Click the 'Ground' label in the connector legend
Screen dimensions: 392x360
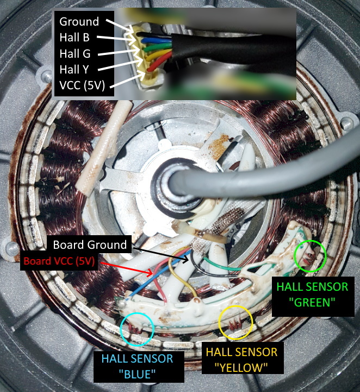(x=79, y=22)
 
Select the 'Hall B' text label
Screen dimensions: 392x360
(x=75, y=38)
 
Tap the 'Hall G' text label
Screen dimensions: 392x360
(x=75, y=54)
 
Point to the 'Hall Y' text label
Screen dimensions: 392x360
(x=75, y=70)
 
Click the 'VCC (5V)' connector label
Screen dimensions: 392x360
(x=82, y=85)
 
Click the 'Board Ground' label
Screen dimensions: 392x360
(x=90, y=244)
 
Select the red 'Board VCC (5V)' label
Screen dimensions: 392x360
(x=59, y=261)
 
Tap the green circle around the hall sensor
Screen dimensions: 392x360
(x=309, y=256)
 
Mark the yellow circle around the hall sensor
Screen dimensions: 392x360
(x=235, y=322)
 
